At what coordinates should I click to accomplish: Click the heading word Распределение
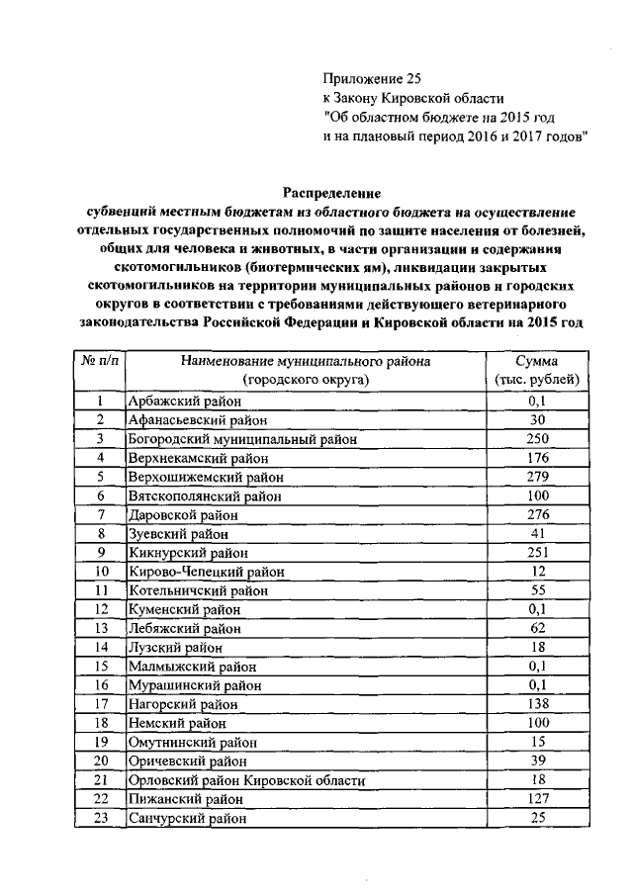point(332,192)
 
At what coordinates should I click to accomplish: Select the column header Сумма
point(537,362)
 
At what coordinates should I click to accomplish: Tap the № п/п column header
point(100,362)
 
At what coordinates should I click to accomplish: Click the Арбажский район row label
point(185,402)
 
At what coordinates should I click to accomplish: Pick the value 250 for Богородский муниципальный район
point(537,438)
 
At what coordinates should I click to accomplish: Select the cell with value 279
point(537,476)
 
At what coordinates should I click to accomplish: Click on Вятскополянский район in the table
point(204,495)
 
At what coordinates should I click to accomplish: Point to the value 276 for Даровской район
point(537,514)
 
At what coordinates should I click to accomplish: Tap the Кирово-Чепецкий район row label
point(206,572)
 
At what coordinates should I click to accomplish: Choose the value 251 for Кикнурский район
point(537,552)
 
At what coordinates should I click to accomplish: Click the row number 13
point(100,628)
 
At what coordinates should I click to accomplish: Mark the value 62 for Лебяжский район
point(537,628)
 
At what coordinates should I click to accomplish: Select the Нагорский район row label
point(183,704)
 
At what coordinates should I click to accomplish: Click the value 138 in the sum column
point(537,704)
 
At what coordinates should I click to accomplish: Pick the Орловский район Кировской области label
point(246,780)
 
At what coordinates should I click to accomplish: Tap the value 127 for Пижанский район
point(537,799)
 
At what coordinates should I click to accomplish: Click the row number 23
point(100,818)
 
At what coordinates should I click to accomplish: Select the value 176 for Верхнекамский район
point(537,457)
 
